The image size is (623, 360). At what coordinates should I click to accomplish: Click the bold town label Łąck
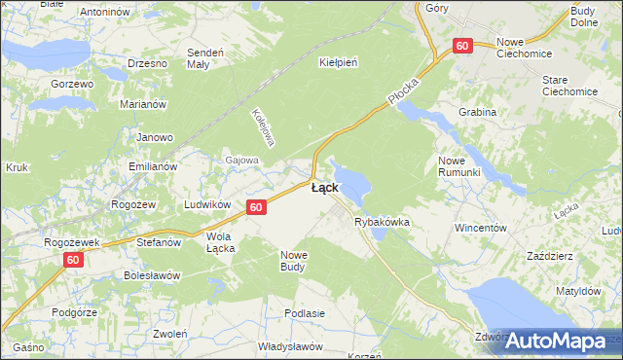tap(324, 188)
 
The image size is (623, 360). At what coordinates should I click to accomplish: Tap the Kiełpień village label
tap(339, 61)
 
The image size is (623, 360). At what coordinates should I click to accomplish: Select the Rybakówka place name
tap(382, 223)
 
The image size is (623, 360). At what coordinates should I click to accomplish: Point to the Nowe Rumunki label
tap(460, 165)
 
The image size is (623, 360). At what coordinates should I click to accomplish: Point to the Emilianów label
tap(153, 166)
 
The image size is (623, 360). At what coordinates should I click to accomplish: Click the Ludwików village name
tap(207, 205)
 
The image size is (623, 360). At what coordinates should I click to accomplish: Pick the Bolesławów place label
tap(152, 275)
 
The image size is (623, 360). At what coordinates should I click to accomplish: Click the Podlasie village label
tap(304, 313)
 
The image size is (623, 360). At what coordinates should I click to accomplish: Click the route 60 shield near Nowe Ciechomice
tap(462, 46)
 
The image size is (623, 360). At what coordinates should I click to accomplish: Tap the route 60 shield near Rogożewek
tap(74, 260)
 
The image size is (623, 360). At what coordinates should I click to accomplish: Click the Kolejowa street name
tap(261, 124)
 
